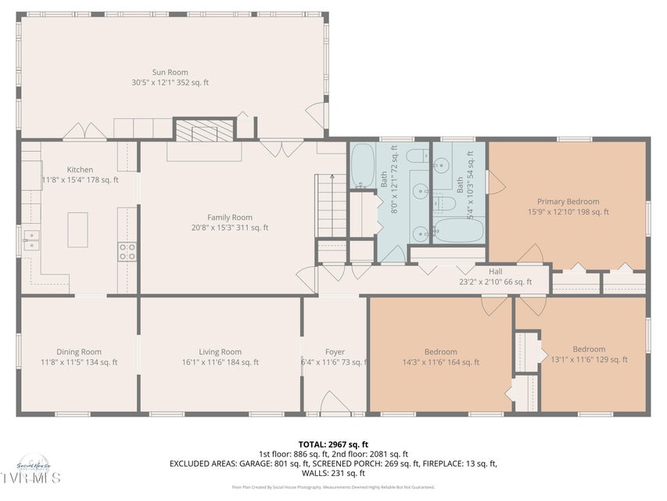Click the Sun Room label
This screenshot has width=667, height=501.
[x=170, y=72]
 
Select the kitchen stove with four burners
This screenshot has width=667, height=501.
[x=127, y=250]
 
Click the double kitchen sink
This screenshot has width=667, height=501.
[x=30, y=239]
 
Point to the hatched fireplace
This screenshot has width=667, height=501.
[x=203, y=130]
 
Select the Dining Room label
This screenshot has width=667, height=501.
[x=79, y=351]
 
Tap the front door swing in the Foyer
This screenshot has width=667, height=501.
[x=335, y=402]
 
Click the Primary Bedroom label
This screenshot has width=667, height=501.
[x=568, y=201]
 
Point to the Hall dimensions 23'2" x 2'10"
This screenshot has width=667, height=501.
[x=495, y=282]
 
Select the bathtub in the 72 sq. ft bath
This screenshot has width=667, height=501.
[x=362, y=165]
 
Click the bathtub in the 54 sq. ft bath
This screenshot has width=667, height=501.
[x=457, y=230]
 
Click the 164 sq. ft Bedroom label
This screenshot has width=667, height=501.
[x=440, y=351]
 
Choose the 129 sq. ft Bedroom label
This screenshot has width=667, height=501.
[x=588, y=349]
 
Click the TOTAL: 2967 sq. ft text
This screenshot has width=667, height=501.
[x=333, y=444]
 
